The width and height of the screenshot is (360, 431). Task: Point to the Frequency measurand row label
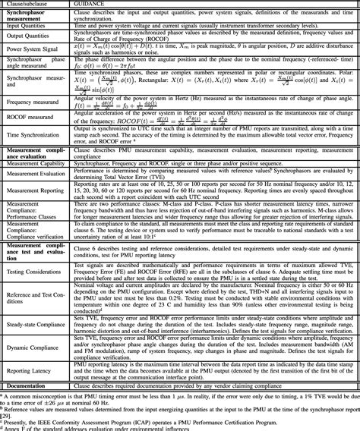tap(34, 100)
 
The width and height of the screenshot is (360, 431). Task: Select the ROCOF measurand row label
tap(30, 117)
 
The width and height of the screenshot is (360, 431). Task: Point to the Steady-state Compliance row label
tap(37, 324)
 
